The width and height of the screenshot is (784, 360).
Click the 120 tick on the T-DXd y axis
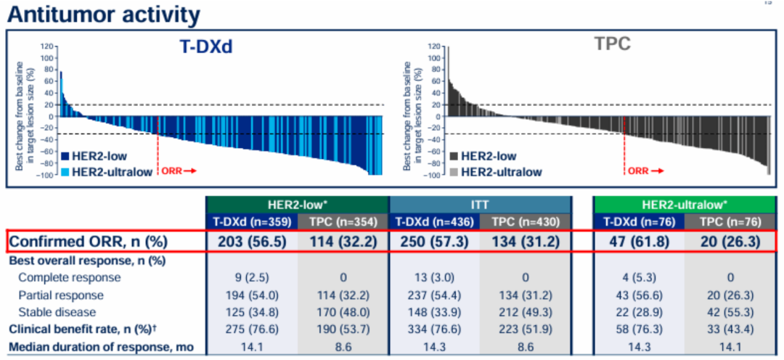click(x=48, y=46)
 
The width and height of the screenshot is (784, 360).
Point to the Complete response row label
click(x=70, y=277)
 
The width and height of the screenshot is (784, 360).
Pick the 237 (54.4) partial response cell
click(x=435, y=295)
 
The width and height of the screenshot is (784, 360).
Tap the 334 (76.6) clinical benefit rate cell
click(x=435, y=330)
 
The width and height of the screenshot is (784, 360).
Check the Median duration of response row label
click(x=101, y=347)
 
